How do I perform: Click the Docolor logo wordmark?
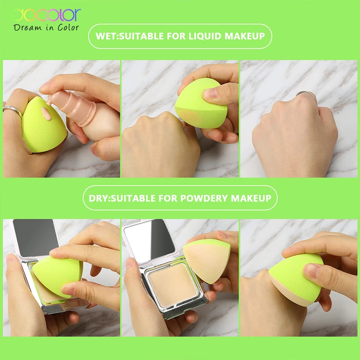click(x=46, y=15)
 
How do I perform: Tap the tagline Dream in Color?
click(x=46, y=27)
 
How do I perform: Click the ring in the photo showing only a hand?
click(x=306, y=94)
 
